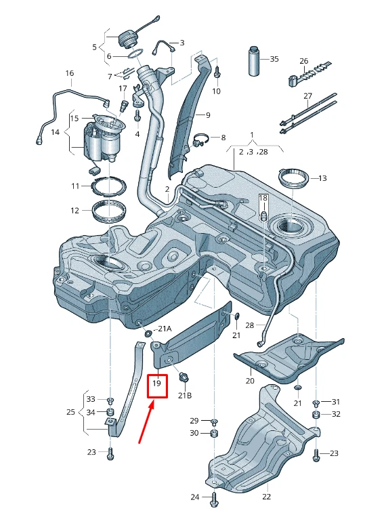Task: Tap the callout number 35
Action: click(274, 59)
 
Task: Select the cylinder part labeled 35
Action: click(254, 61)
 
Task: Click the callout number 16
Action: click(70, 73)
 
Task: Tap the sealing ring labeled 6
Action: click(136, 54)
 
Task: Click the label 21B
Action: click(185, 395)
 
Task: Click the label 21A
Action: click(165, 329)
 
